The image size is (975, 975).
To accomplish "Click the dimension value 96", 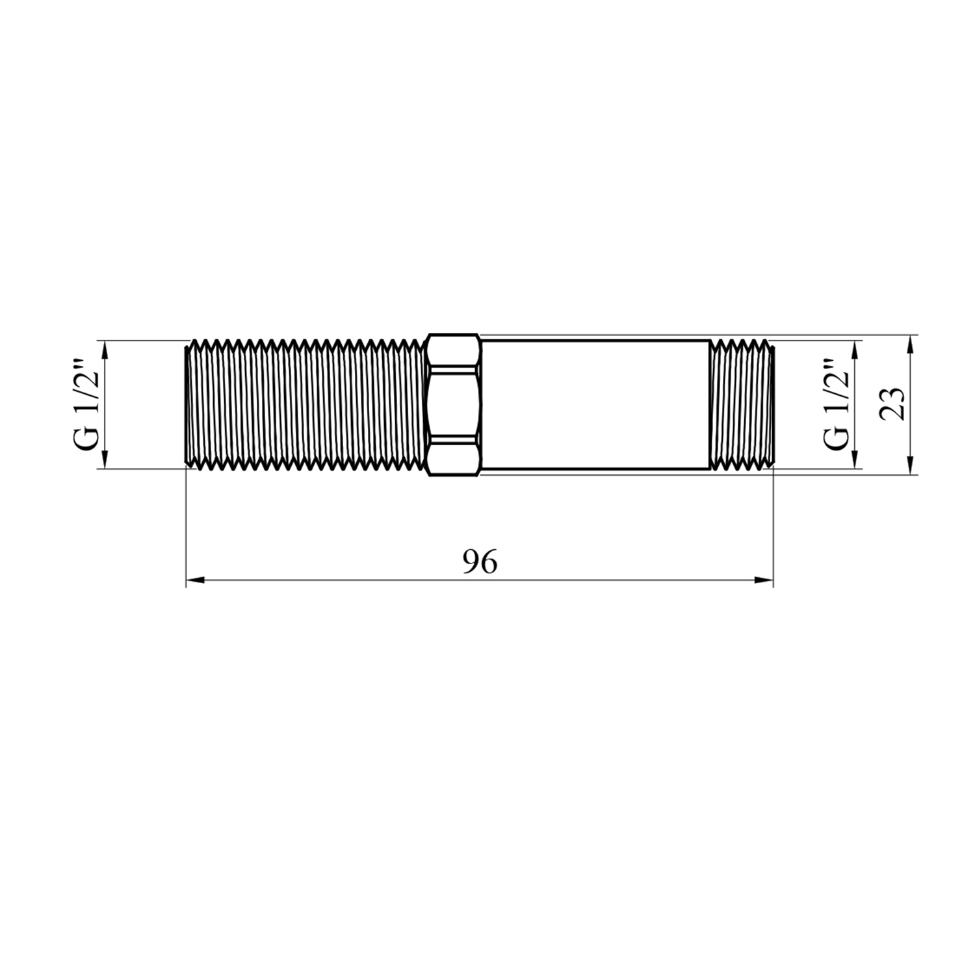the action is tap(480, 562).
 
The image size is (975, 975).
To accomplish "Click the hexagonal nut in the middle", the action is tap(454, 404).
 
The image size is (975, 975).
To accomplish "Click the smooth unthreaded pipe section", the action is tap(595, 404).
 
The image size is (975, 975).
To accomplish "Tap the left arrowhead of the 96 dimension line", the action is tap(196, 580).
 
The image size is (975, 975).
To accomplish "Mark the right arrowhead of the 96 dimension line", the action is tap(764, 580).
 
